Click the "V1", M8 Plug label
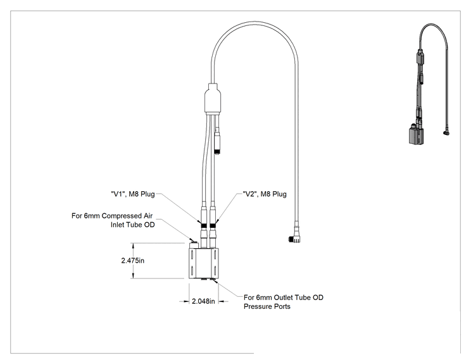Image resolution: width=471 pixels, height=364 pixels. (x=133, y=194)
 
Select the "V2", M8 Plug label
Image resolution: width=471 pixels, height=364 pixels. (x=265, y=194)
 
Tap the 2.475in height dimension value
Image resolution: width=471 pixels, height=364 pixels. (x=133, y=260)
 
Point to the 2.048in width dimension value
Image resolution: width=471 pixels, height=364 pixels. (x=203, y=301)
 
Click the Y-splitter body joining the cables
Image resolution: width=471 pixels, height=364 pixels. (x=213, y=99)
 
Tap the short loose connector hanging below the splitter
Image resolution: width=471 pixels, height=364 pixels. (x=218, y=144)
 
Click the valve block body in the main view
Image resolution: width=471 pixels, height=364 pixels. (x=204, y=263)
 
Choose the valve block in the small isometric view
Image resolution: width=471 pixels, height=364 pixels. (x=416, y=135)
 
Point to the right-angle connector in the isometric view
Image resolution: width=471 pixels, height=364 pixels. (x=446, y=132)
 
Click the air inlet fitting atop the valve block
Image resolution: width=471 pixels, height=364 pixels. (x=194, y=243)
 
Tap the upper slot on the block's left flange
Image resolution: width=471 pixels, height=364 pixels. (x=192, y=254)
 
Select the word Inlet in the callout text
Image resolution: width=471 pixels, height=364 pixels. (x=117, y=225)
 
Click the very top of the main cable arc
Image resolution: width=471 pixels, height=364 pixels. (x=254, y=22)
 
